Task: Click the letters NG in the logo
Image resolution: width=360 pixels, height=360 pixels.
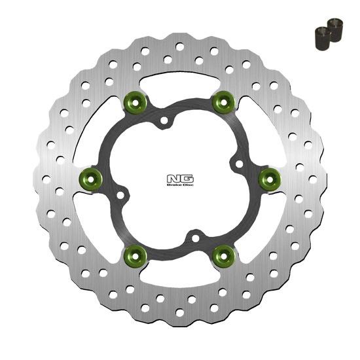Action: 179,176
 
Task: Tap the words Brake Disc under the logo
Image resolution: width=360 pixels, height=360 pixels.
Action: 179,185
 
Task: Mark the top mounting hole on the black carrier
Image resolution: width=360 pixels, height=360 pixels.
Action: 164,120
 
